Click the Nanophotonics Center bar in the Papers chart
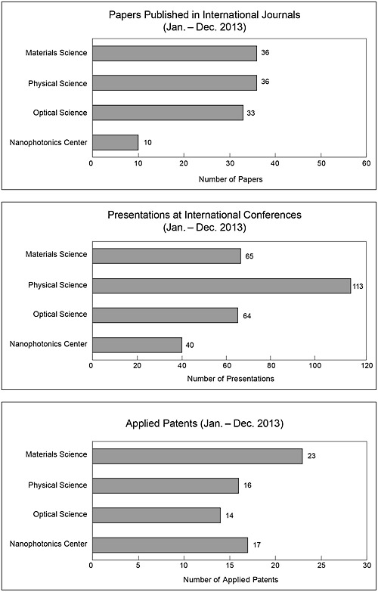[x=115, y=142]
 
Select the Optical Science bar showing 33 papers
[x=168, y=113]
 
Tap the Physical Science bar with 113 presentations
[x=222, y=286]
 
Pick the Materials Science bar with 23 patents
[x=197, y=456]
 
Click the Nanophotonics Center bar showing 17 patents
[x=170, y=545]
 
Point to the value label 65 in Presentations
[x=249, y=256]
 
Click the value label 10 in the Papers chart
[x=147, y=143]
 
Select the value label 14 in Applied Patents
[x=229, y=516]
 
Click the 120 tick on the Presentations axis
[x=367, y=365]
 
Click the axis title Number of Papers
[x=231, y=179]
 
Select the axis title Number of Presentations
[x=231, y=378]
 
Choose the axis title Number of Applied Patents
[x=231, y=579]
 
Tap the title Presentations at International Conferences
[x=204, y=215]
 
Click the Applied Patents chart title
[x=204, y=423]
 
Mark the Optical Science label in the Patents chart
[x=60, y=514]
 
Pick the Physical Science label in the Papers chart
[x=57, y=83]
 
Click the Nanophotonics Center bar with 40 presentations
[x=137, y=345]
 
